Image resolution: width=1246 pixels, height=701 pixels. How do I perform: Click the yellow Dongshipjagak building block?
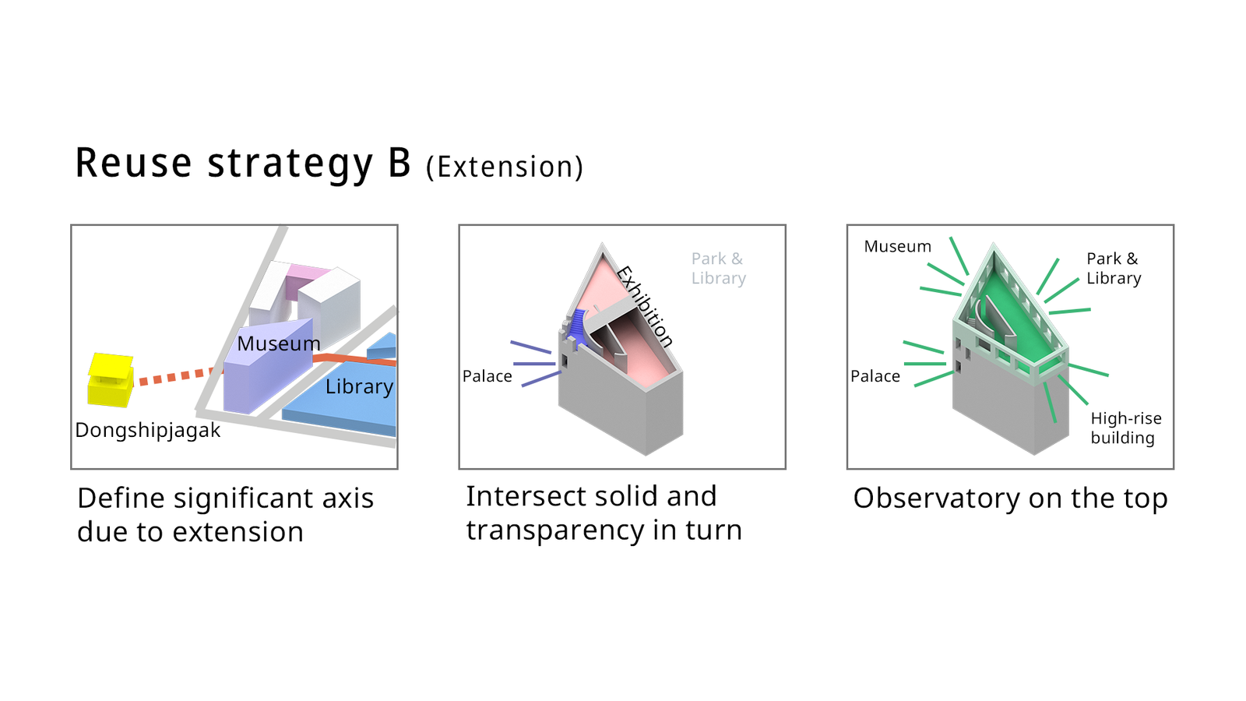point(111,380)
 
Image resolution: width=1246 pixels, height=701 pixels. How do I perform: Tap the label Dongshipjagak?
point(147,431)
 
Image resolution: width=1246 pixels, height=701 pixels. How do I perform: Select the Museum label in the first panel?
point(279,343)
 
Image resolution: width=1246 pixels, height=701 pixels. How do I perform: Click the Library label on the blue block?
point(359,386)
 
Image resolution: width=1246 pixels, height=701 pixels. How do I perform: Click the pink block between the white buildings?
point(307,277)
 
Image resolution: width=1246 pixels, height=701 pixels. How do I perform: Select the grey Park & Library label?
point(719,268)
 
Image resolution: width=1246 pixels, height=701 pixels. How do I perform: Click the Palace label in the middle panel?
point(487,377)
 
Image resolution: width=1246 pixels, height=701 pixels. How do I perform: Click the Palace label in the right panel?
point(875,377)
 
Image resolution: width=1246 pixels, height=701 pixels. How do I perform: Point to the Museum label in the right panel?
point(897,246)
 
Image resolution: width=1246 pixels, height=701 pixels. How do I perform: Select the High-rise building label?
point(1126,428)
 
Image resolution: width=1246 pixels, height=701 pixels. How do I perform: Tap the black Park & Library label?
point(1114,268)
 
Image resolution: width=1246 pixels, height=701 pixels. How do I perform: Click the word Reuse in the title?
point(133,163)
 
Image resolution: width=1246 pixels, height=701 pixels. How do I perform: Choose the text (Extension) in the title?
point(505,167)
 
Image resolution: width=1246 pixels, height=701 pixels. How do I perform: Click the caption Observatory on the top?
point(1010,498)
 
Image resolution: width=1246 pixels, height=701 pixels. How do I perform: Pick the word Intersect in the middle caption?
point(521,496)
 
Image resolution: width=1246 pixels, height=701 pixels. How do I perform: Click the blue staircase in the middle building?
point(577,328)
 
